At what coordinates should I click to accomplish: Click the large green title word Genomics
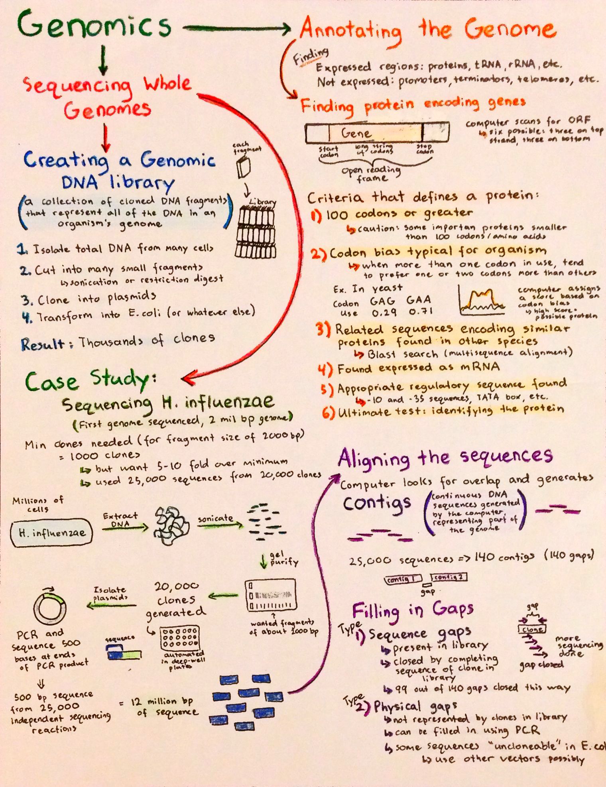pyautogui.click(x=94, y=25)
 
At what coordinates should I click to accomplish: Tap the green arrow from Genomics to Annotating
pyautogui.click(x=237, y=28)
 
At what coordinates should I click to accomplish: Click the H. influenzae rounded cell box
pyautogui.click(x=52, y=532)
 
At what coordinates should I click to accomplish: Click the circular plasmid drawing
pyautogui.click(x=50, y=608)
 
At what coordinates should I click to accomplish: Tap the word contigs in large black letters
pyautogui.click(x=376, y=504)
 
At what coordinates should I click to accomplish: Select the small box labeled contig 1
pyautogui.click(x=404, y=579)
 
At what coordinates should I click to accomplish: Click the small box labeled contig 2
pyautogui.click(x=449, y=577)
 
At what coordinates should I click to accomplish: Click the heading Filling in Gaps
pyautogui.click(x=413, y=610)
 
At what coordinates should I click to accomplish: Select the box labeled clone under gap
pyautogui.click(x=532, y=630)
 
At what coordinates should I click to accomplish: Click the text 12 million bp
pyautogui.click(x=162, y=702)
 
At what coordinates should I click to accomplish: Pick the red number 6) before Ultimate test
pyautogui.click(x=328, y=412)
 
